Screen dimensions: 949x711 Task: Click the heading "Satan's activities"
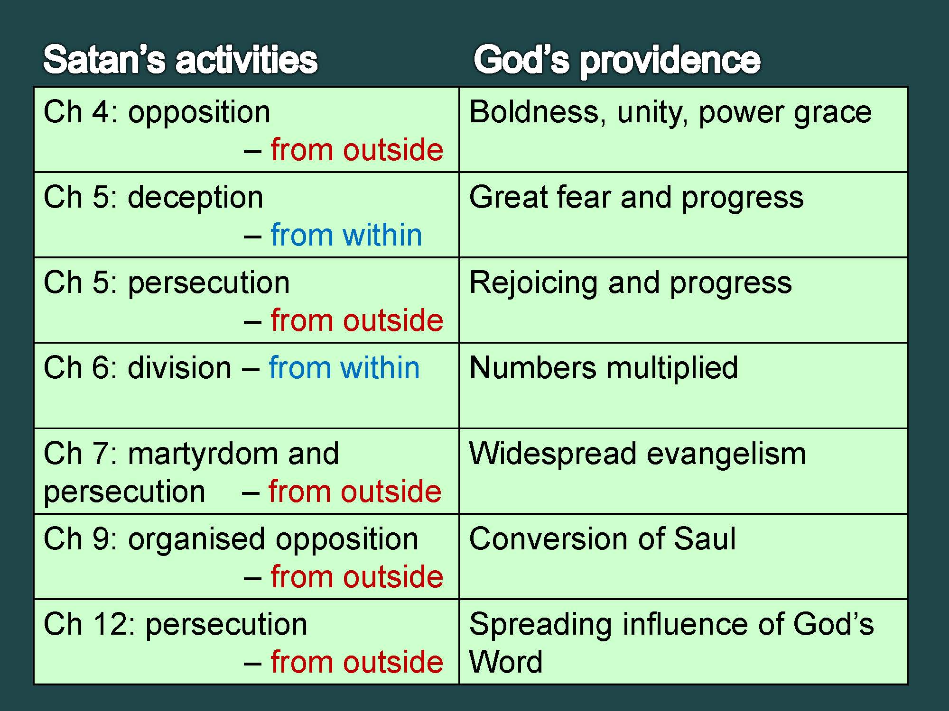[x=180, y=60]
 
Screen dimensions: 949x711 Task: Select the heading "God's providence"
[x=617, y=61]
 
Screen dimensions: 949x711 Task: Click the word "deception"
[x=195, y=198]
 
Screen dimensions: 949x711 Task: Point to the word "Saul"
[x=705, y=539]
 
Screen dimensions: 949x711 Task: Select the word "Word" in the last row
[x=506, y=662]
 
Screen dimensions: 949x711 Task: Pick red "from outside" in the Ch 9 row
[x=357, y=577]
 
